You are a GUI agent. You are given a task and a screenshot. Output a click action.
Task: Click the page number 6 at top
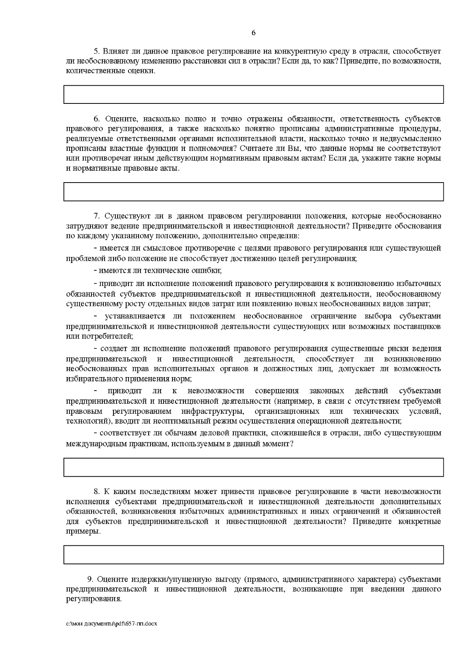pos(253,33)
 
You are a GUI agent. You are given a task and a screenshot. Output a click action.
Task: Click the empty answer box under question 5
pos(253,95)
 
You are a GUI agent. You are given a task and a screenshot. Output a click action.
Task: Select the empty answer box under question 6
pos(253,192)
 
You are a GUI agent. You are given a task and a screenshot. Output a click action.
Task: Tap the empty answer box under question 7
pos(253,467)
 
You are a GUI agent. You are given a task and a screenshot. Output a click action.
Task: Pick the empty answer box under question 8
pos(253,555)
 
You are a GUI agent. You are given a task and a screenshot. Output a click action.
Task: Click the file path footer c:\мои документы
pos(112,624)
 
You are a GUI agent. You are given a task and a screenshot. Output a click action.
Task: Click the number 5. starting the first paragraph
pos(97,51)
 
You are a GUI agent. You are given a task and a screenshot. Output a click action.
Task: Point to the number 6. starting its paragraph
pos(97,118)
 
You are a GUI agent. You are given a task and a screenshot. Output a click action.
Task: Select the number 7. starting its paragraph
pos(97,215)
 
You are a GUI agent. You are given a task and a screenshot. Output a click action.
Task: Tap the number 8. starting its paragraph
pos(97,491)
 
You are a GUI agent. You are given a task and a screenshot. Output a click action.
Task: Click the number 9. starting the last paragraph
pos(91,579)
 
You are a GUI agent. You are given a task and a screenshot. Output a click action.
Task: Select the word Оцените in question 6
pos(118,118)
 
